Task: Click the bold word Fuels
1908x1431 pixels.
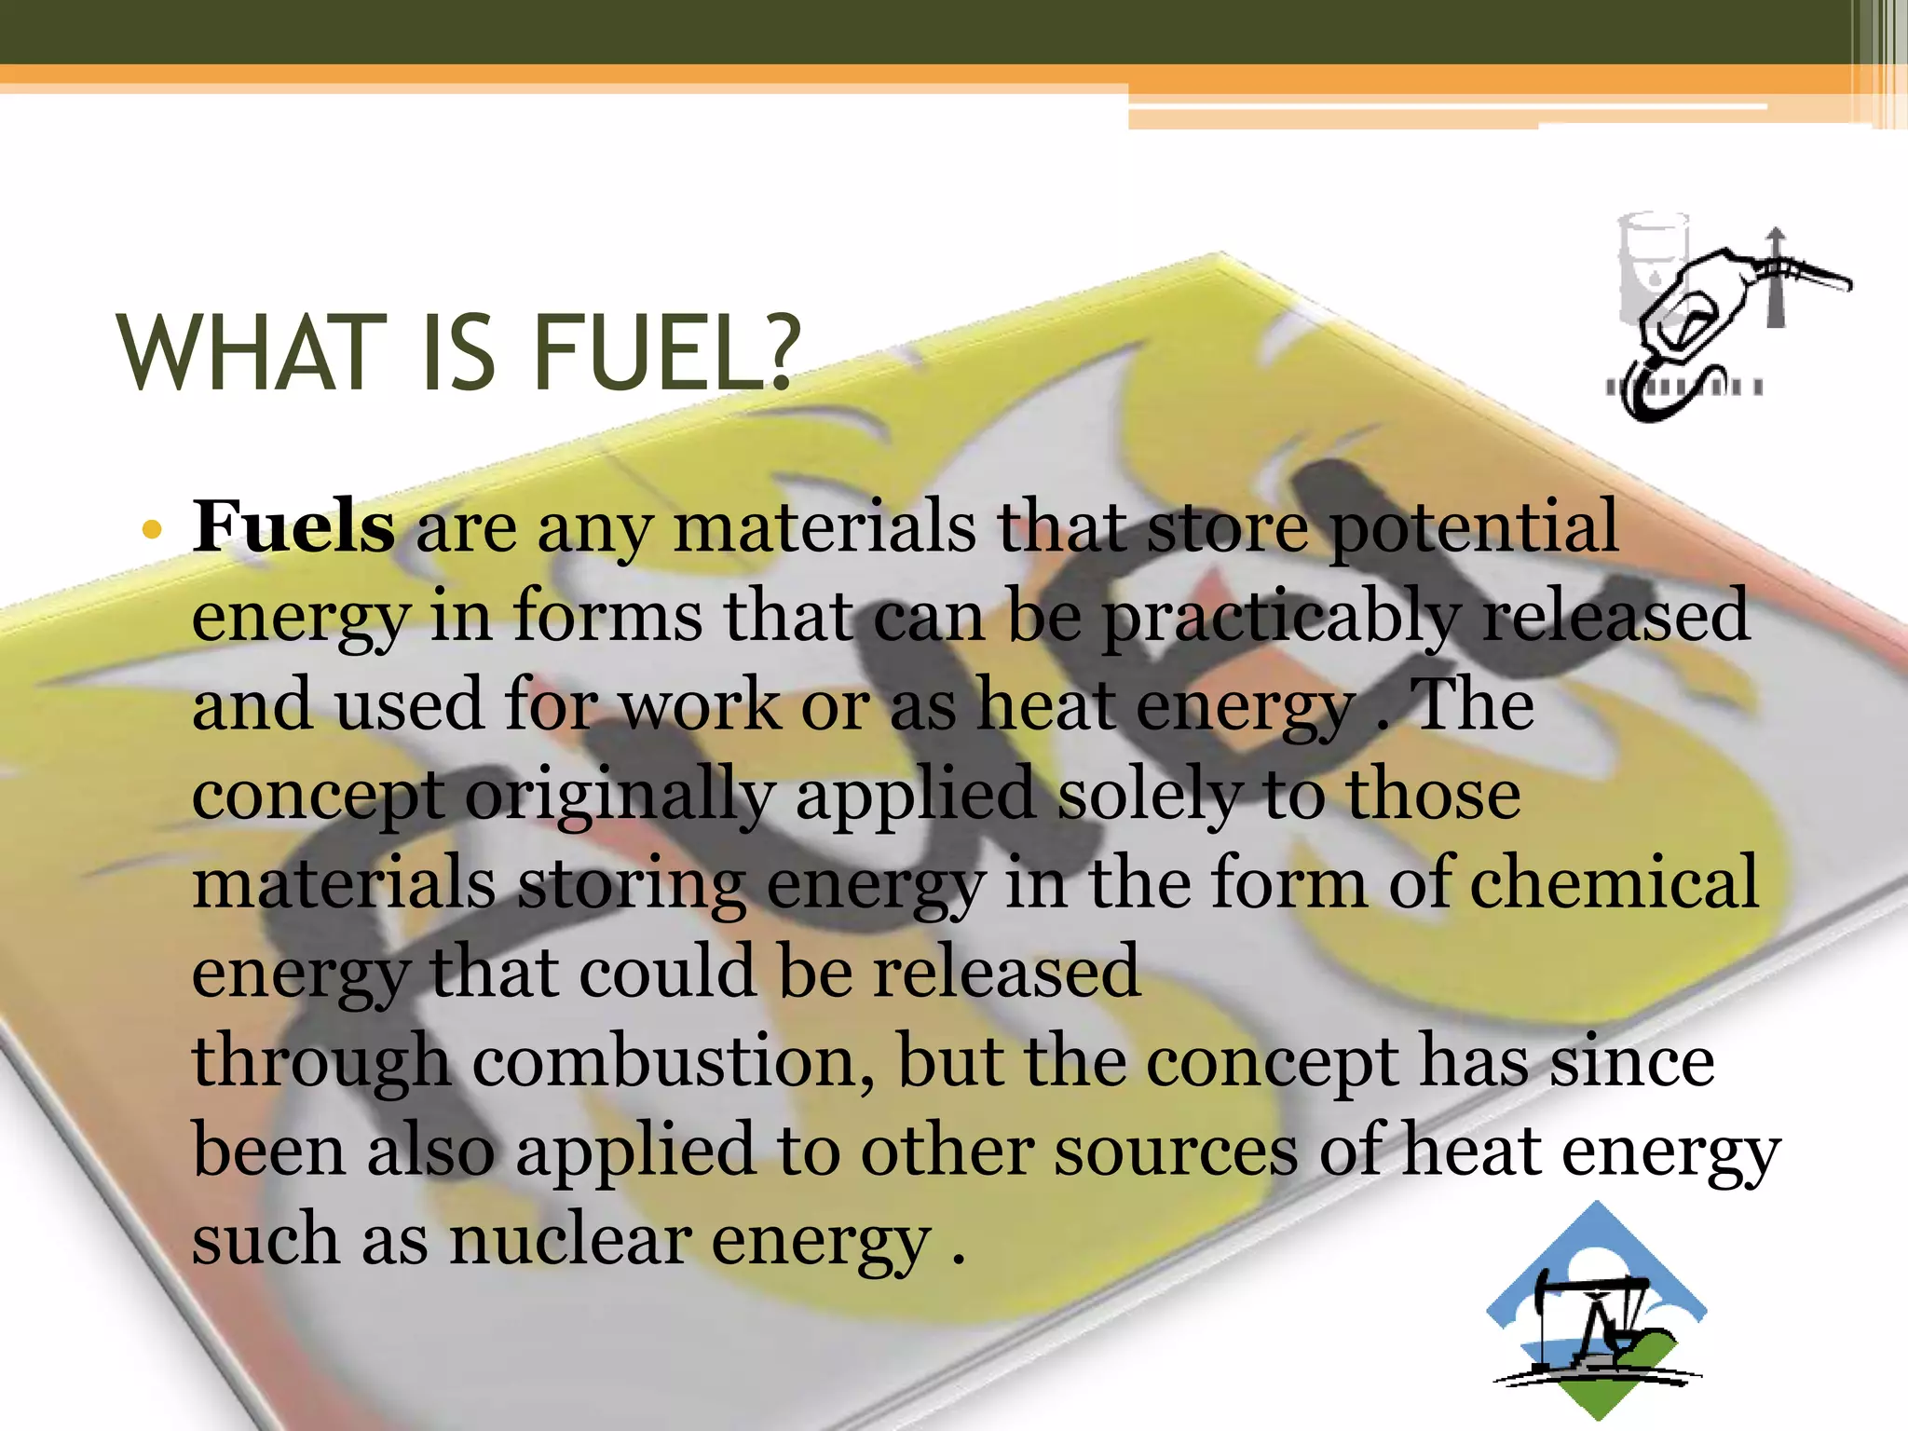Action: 293,527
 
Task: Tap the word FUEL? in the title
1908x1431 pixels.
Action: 667,355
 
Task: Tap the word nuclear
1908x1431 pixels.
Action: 570,1241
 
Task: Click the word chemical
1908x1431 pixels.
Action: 1614,883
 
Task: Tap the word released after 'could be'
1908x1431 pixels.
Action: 1006,973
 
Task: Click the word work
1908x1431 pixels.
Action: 700,706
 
